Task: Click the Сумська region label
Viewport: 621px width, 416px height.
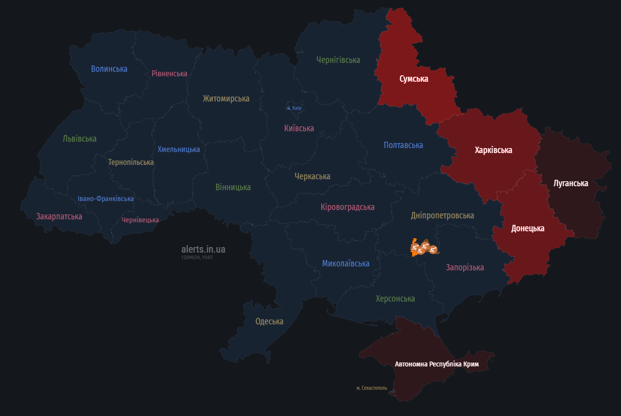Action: [414, 79]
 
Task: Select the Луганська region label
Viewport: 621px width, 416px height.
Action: [571, 183]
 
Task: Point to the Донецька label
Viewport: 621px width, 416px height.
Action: [527, 228]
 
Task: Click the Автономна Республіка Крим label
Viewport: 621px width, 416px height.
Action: [436, 364]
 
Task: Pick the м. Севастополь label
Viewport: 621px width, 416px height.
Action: [372, 388]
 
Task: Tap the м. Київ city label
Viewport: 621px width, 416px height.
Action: [294, 108]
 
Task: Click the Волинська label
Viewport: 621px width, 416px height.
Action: [109, 69]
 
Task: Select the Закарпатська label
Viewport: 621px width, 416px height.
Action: [59, 216]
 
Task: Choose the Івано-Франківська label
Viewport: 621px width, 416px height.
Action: [105, 199]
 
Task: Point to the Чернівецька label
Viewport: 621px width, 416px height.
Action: [140, 220]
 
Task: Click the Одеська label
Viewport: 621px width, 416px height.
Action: [269, 321]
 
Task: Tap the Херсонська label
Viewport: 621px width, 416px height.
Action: [395, 299]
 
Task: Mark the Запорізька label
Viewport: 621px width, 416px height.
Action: [465, 267]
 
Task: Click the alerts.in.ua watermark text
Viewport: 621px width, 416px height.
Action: [203, 249]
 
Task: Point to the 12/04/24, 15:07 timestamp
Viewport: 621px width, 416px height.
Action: [197, 258]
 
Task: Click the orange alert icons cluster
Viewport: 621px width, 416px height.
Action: [424, 248]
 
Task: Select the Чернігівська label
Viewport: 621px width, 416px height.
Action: [338, 60]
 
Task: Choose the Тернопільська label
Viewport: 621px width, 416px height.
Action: [131, 162]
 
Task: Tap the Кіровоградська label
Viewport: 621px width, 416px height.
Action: [347, 207]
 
